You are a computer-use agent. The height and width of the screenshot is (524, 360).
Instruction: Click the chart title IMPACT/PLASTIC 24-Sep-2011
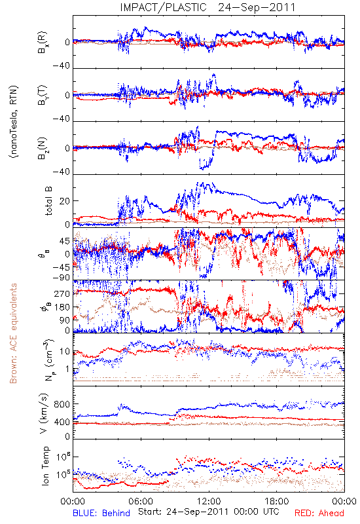click(x=207, y=7)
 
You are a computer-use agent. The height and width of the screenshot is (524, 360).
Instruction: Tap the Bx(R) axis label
click(x=43, y=43)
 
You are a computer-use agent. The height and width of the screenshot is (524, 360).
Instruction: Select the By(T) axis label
click(x=43, y=95)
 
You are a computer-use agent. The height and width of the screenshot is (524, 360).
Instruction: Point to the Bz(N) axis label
click(x=43, y=148)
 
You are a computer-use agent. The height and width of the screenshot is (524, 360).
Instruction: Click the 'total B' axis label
click(x=48, y=201)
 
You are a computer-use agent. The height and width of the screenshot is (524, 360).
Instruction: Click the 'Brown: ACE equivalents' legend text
click(x=13, y=333)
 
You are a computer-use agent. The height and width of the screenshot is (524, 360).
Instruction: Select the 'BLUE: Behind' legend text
click(x=101, y=513)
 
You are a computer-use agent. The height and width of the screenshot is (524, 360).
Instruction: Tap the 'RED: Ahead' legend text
click(x=319, y=513)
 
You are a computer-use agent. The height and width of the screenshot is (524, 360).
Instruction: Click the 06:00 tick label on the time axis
click(x=141, y=501)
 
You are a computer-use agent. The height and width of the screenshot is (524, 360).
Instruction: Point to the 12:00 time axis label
click(x=209, y=501)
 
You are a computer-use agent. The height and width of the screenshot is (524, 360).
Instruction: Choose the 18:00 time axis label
click(x=277, y=501)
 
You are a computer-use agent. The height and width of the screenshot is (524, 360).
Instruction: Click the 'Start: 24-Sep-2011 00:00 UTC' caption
click(x=209, y=512)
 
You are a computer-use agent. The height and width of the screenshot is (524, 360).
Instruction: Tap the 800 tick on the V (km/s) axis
click(x=62, y=404)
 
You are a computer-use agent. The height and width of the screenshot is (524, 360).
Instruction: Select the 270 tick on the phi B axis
click(x=62, y=293)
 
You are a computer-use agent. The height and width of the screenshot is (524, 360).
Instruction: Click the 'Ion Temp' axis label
click(x=46, y=466)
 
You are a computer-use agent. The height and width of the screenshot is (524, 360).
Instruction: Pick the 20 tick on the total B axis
click(x=65, y=201)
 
